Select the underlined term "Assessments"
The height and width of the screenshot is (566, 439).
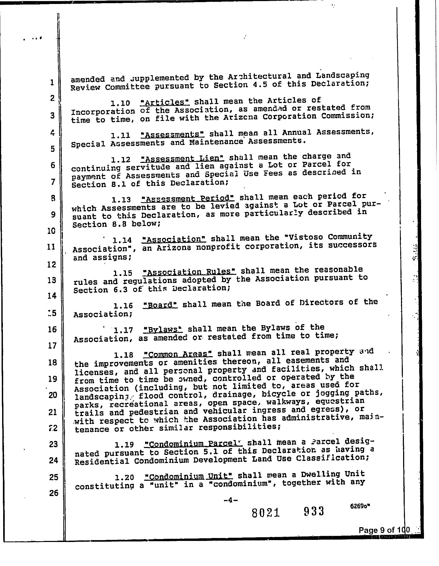173,135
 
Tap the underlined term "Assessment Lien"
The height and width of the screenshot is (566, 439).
183,159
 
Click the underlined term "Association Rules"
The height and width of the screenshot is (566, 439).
189,272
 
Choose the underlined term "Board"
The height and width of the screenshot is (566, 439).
160,305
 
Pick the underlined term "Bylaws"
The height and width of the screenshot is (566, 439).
164,329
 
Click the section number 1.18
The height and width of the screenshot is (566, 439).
123,355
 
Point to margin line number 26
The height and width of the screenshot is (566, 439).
54,493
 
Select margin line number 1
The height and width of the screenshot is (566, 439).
52,82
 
